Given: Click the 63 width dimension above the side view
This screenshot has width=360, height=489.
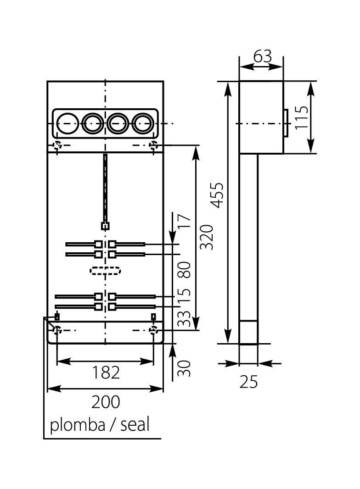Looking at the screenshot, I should coord(262,56).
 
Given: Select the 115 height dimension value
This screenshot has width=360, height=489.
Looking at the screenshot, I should coord(302,117).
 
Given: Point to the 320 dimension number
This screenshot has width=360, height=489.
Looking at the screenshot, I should coord(207,237).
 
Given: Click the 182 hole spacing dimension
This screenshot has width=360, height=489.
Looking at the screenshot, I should coord(106,372).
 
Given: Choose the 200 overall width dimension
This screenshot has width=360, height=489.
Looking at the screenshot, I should coord(106,402).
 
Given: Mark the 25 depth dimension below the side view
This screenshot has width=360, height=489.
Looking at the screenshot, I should coord(249,381).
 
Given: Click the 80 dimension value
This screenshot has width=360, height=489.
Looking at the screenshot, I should coord(184,270).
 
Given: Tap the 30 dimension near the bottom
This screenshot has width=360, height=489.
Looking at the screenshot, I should coord(184,368).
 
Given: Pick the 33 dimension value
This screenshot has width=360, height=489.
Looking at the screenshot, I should coord(184,318).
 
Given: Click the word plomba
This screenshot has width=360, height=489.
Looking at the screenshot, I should coord(78,425).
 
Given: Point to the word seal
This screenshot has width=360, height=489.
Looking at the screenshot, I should coord(135,425).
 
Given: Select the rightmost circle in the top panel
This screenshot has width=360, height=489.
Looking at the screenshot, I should coord(143,123).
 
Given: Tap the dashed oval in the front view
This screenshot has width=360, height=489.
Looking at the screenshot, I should coord(105,271).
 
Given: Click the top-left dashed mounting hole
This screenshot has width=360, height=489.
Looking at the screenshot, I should coord(57,146).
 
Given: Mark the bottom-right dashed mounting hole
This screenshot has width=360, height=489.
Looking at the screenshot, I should coord(153,330).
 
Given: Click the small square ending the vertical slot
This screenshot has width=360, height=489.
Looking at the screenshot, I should coord(105,226).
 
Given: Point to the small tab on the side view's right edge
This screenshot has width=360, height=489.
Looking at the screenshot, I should coord(285,123).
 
